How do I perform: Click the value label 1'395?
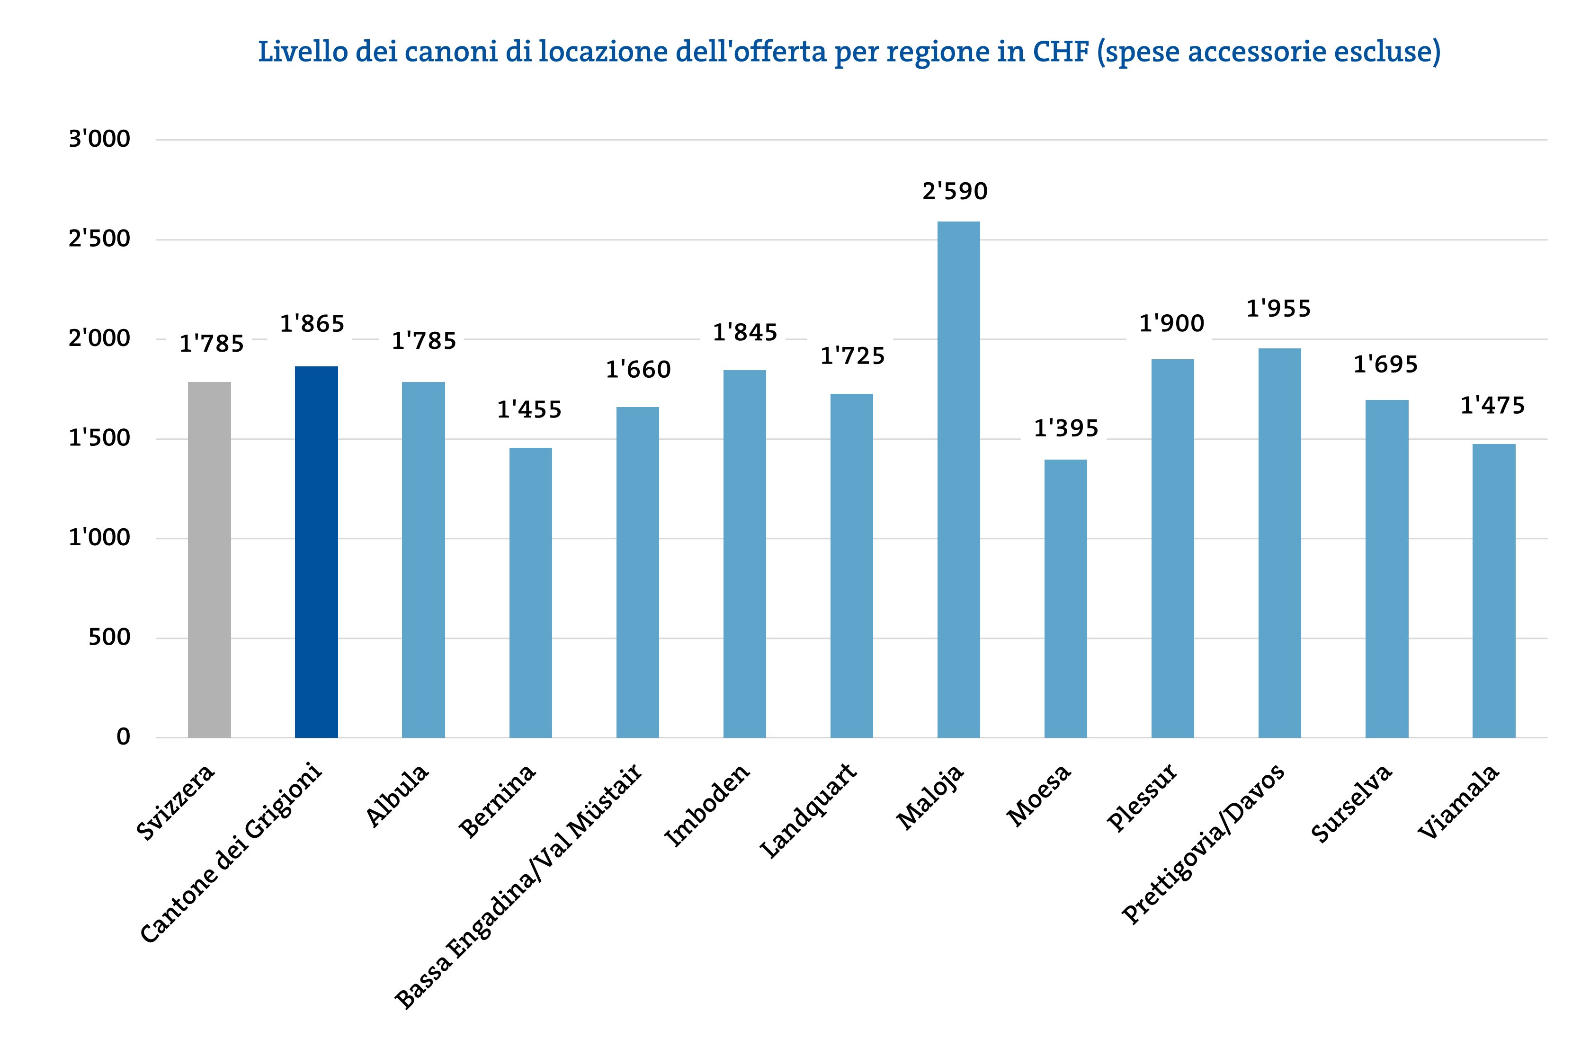click(1066, 428)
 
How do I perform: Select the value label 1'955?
click(1279, 309)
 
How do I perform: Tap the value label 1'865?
click(312, 324)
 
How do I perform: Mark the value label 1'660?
click(638, 369)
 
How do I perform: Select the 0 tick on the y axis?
click(123, 737)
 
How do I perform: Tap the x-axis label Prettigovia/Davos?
click(1203, 844)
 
